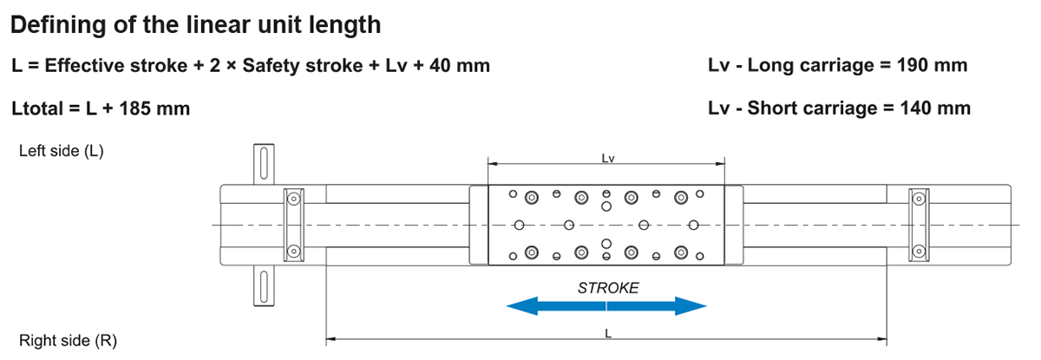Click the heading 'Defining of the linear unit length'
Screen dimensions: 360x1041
(195, 24)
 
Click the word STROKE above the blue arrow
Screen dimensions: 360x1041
(608, 288)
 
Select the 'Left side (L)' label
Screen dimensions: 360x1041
(61, 151)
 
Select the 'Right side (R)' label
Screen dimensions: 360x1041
(68, 341)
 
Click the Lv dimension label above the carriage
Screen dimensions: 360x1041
(608, 159)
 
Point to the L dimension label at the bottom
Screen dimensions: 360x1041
(608, 332)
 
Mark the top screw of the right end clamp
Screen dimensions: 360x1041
(916, 199)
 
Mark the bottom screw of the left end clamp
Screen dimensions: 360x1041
(295, 252)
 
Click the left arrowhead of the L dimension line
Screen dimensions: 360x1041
(330, 338)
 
